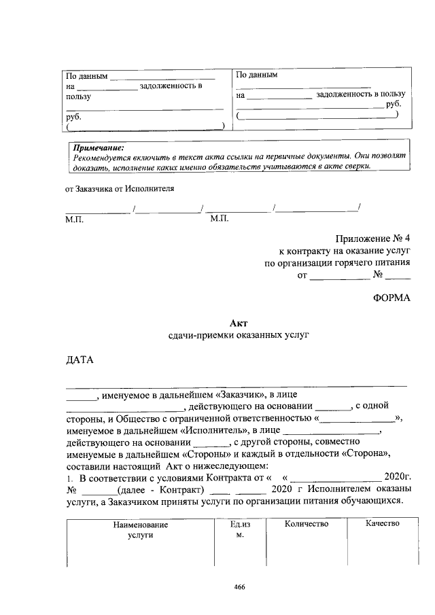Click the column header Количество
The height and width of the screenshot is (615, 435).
click(x=307, y=524)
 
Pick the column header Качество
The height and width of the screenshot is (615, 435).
click(x=382, y=524)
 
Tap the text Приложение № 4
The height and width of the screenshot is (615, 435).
click(x=373, y=239)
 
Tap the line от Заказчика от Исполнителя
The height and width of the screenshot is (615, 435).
click(x=120, y=189)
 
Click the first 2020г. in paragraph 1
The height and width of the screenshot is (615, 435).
click(x=398, y=476)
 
